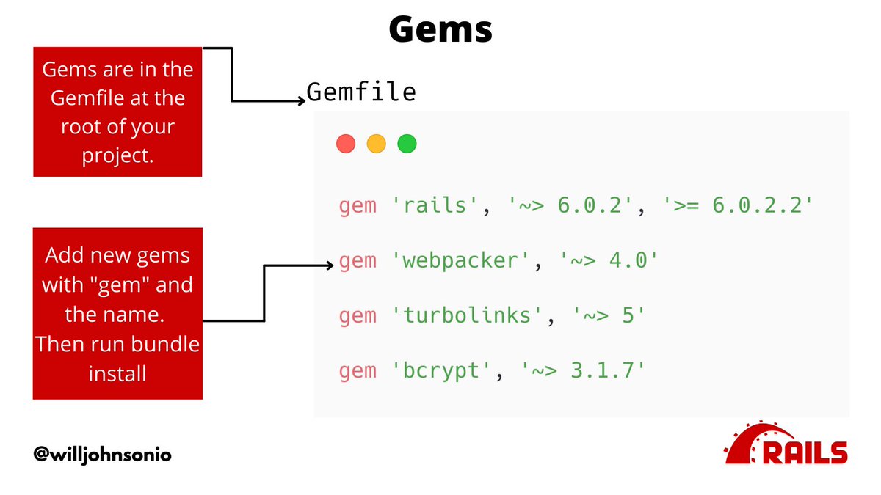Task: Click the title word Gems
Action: (x=440, y=30)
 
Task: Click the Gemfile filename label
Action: (x=361, y=92)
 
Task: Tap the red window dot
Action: (x=346, y=144)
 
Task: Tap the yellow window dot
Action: (x=376, y=144)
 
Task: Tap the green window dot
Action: (x=407, y=144)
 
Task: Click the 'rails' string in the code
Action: (x=438, y=205)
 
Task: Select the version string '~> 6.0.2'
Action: (x=570, y=205)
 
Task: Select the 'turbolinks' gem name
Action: (x=468, y=316)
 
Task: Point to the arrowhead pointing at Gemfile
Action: (x=301, y=101)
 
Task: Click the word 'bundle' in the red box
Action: (x=167, y=344)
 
